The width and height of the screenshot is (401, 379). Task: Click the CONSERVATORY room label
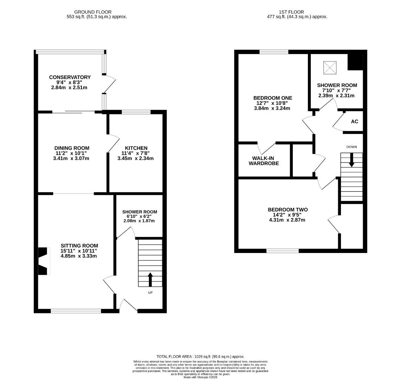click(70, 77)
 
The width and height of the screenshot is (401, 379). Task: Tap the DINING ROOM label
click(72, 148)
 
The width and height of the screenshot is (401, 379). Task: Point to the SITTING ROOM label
click(79, 246)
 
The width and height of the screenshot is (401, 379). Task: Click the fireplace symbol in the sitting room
click(42, 261)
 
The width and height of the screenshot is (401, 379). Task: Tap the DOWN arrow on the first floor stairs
click(351, 160)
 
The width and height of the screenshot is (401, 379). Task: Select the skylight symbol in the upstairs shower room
click(330, 67)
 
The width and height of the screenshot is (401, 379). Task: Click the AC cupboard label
click(355, 121)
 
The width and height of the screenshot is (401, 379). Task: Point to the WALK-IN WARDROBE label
click(264, 161)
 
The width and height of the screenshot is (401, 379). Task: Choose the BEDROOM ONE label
click(273, 98)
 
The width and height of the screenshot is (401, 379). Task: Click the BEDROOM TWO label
click(288, 210)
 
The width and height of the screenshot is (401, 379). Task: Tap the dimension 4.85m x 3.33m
click(79, 256)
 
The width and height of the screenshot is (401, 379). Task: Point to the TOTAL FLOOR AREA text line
click(200, 357)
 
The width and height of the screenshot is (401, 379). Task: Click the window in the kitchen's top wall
click(136, 112)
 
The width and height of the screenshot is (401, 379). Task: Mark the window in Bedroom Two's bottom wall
click(283, 251)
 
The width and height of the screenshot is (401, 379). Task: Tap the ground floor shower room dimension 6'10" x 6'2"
click(139, 217)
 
